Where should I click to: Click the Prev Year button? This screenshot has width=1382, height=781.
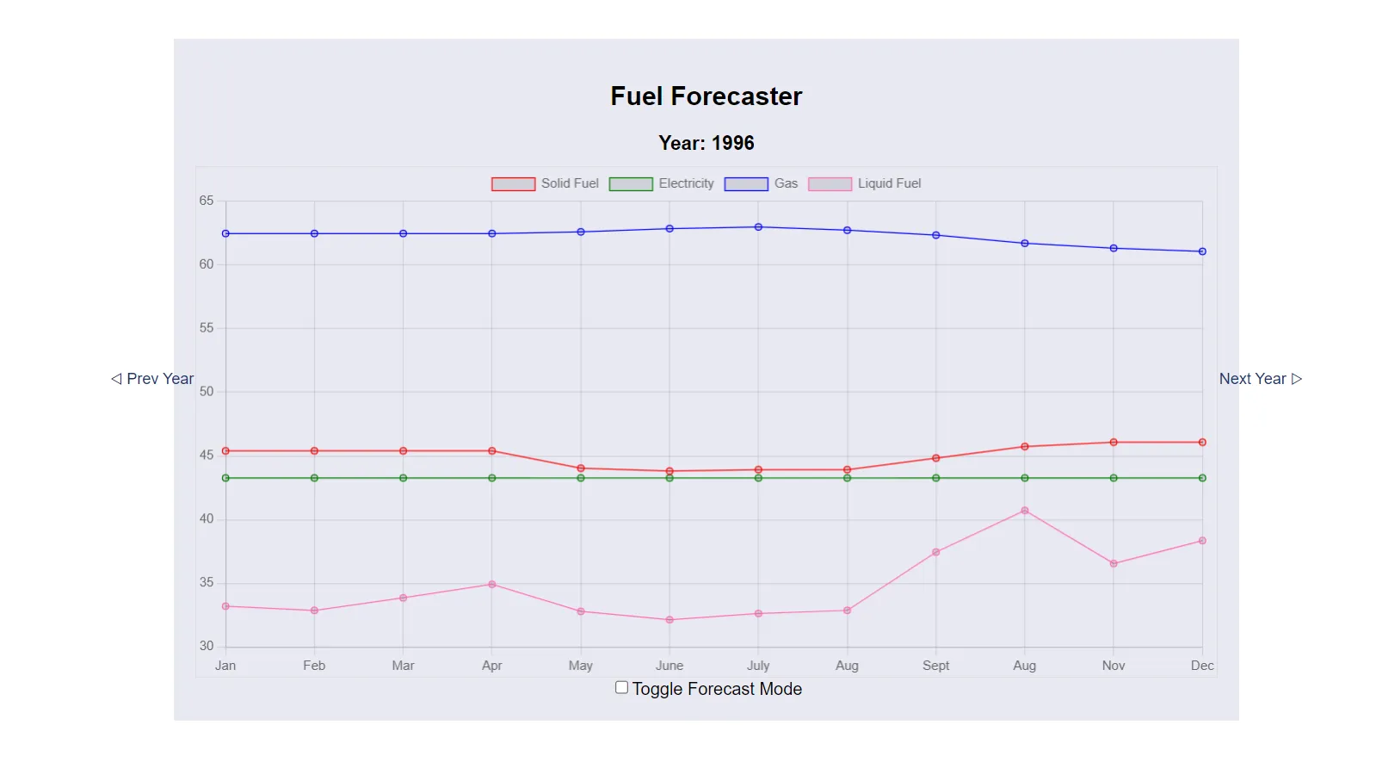(x=152, y=379)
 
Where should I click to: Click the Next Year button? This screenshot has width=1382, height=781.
(x=1260, y=379)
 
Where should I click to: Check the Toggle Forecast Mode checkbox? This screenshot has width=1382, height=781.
(x=621, y=687)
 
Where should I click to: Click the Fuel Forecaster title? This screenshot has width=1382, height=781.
(x=706, y=96)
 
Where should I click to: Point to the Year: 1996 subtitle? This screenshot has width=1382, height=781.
(x=706, y=143)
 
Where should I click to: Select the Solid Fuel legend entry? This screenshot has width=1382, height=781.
(x=545, y=183)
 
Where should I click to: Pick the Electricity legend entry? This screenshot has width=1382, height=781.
(x=662, y=183)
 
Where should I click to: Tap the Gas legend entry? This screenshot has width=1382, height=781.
(x=762, y=183)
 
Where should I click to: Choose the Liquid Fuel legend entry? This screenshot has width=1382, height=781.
(x=865, y=183)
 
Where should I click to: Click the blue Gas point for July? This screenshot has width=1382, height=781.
(x=758, y=227)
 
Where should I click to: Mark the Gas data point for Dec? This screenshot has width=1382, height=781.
(x=1202, y=251)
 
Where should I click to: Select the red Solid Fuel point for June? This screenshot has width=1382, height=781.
(x=669, y=471)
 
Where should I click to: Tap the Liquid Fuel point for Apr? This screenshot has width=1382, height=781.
(x=492, y=585)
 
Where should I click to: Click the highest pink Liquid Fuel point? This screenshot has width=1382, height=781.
(x=1025, y=511)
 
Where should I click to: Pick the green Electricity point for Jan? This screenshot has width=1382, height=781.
(x=225, y=478)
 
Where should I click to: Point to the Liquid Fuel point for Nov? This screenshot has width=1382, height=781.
(x=1114, y=564)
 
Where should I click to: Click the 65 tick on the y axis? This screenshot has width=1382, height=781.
(x=207, y=201)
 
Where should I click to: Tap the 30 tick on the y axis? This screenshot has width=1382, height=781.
(x=207, y=646)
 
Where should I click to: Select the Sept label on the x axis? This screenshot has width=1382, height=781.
(x=935, y=666)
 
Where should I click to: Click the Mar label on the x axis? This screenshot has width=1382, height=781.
(x=403, y=666)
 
